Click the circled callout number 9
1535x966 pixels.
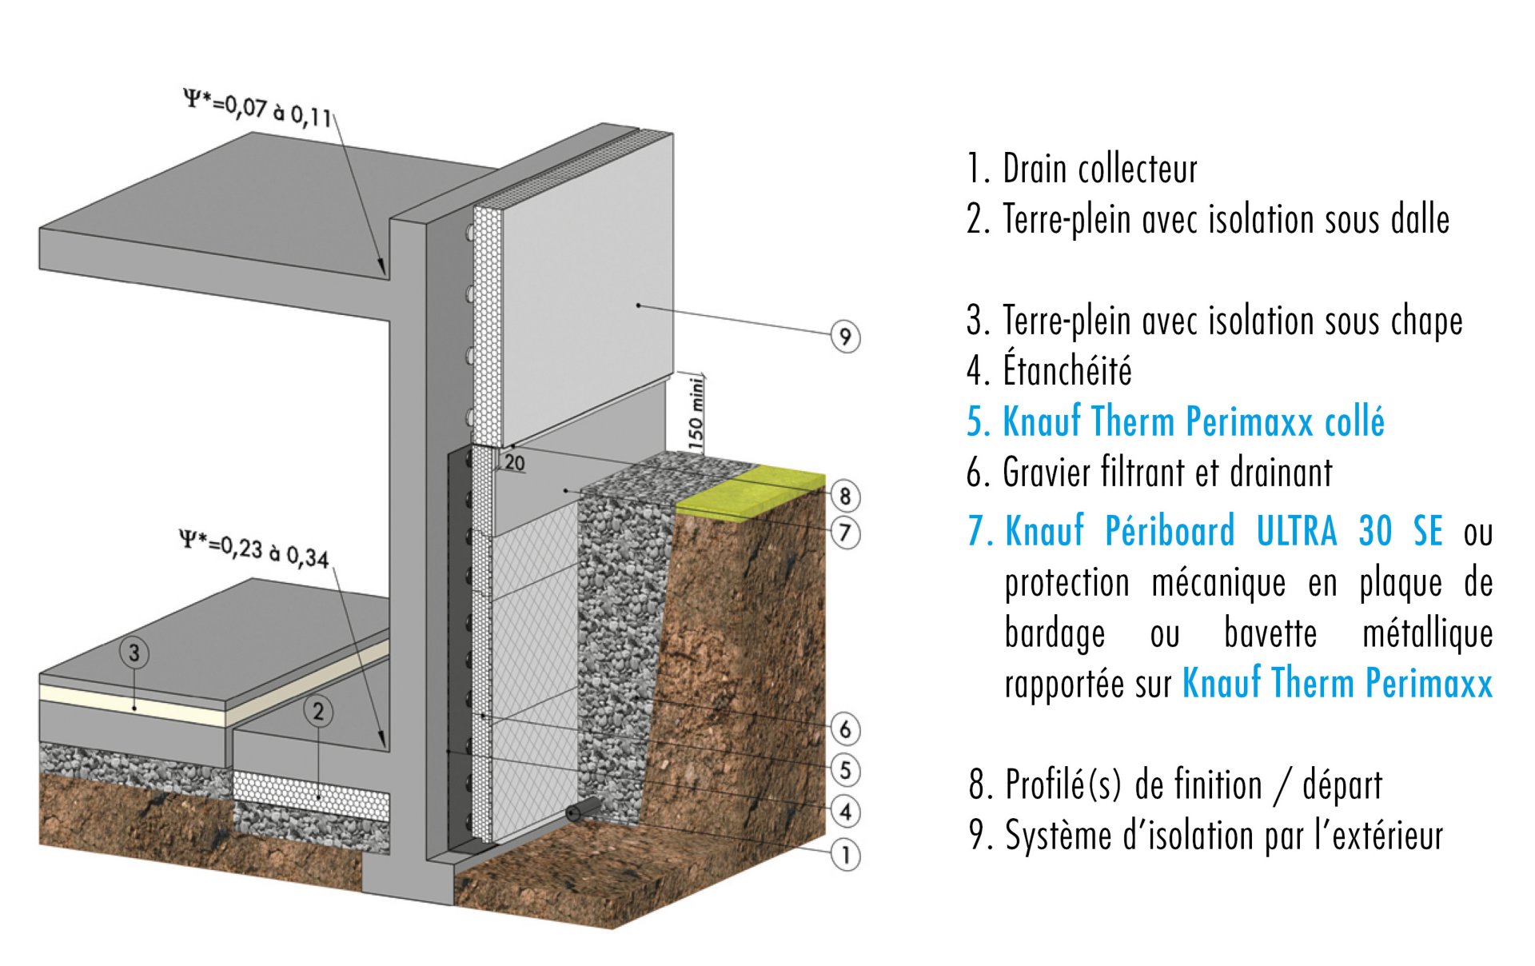845,336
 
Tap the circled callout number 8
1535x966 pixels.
845,496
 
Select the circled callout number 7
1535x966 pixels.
845,533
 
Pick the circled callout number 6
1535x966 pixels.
845,728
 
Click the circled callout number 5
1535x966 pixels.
845,770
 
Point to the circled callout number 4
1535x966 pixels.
845,812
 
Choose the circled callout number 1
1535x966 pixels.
845,855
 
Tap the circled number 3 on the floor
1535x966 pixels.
134,653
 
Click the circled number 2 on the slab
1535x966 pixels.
318,711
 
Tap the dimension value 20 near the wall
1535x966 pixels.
515,463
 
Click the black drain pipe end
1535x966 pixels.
574,814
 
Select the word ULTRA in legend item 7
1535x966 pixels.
1296,532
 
